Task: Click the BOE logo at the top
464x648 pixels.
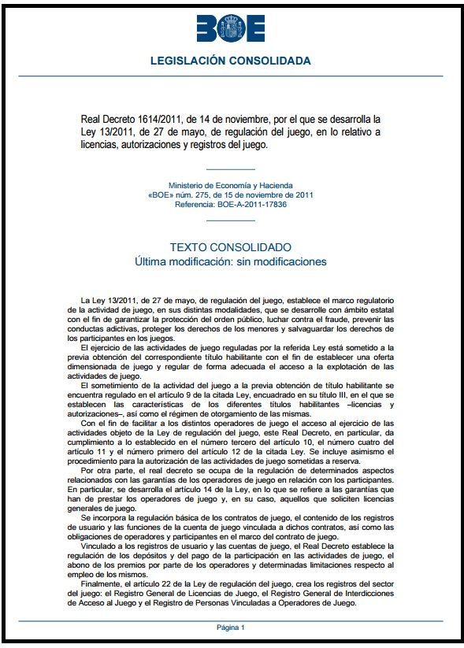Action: click(231, 29)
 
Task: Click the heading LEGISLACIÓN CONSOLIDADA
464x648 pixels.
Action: click(231, 61)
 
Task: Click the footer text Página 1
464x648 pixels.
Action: click(232, 627)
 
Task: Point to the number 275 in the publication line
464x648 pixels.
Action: click(199, 194)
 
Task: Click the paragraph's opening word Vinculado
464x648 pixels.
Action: click(98, 545)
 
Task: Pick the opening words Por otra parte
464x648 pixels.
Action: click(107, 470)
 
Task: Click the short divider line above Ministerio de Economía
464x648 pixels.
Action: click(230, 169)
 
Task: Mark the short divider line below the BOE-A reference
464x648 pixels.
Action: click(230, 221)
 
